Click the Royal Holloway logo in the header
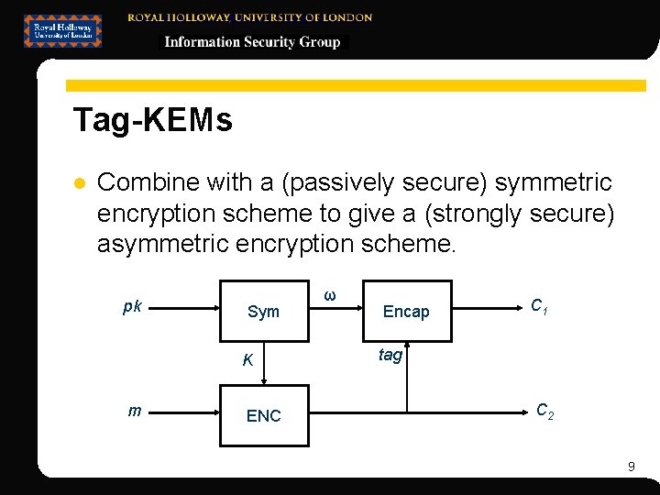coord(62,30)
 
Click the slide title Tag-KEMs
coord(152,120)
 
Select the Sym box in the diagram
coord(263,312)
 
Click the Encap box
coord(406,312)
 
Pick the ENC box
coord(263,415)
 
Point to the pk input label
coord(132,306)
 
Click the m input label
coord(135,410)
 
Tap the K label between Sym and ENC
coord(247,360)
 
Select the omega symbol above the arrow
coord(330,295)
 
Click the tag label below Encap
coord(390,355)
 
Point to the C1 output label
coord(540,306)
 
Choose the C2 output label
coord(544,411)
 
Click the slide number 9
coord(631,467)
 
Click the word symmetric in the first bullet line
coord(553,182)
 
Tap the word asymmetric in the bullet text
coord(162,244)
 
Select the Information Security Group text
coord(252,42)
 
